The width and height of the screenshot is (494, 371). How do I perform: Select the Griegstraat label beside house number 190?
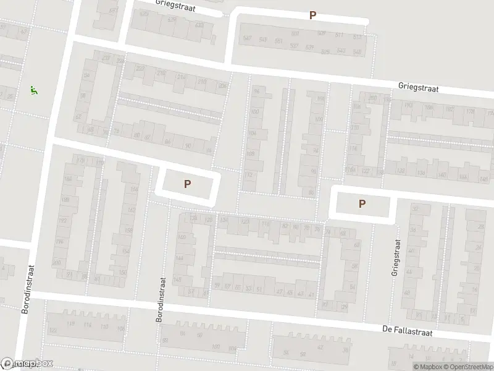click(x=419, y=88)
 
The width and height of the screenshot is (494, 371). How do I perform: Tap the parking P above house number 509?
click(x=312, y=15)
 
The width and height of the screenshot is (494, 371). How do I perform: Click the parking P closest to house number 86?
click(x=187, y=183)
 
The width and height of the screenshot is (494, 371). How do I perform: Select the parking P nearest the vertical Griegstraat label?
click(x=362, y=203)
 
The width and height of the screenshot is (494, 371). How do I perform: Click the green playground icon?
click(x=33, y=90)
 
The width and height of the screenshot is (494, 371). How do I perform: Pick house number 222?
click(x=140, y=68)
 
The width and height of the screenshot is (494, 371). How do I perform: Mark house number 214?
click(x=181, y=77)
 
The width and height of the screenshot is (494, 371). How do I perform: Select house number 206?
click(x=222, y=86)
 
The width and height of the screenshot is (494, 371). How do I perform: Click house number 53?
click(x=249, y=288)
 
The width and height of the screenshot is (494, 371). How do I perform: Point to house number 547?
click(x=248, y=38)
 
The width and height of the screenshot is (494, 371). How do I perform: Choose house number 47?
click(x=279, y=291)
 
